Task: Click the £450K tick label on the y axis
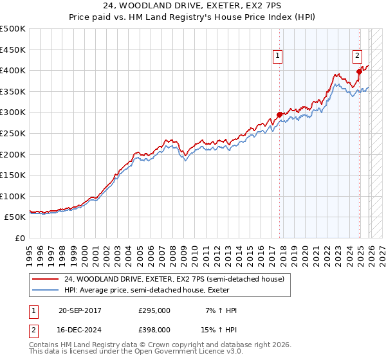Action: click(x=13, y=50)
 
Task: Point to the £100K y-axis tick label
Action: click(x=13, y=197)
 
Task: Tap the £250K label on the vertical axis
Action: click(x=13, y=134)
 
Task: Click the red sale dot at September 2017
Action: click(x=279, y=114)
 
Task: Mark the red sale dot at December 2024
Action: click(x=359, y=71)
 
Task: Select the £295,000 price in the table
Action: click(x=154, y=310)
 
